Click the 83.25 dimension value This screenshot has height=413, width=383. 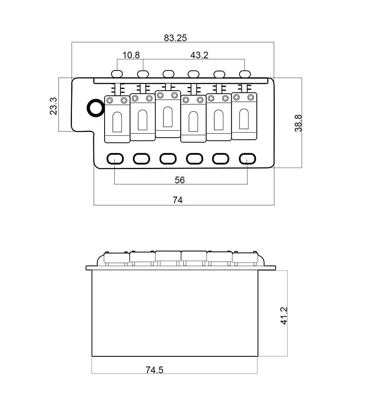(x=175, y=38)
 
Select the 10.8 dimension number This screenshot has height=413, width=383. (x=131, y=55)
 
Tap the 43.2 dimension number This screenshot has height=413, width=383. (x=199, y=55)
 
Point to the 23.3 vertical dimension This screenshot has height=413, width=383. (x=53, y=106)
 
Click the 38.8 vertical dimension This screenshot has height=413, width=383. (x=298, y=123)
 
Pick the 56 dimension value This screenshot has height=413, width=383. (x=180, y=180)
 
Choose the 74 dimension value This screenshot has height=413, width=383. (x=178, y=200)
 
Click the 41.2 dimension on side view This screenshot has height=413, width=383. (x=284, y=316)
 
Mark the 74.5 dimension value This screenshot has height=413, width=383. (x=154, y=370)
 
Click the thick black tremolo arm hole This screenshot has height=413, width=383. (x=95, y=108)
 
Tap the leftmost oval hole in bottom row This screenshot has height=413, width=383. (x=115, y=159)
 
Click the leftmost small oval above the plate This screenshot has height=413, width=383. (x=117, y=73)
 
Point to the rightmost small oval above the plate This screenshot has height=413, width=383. (x=245, y=73)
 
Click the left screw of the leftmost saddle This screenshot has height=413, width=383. (x=110, y=101)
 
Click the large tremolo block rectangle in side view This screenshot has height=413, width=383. (x=175, y=313)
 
